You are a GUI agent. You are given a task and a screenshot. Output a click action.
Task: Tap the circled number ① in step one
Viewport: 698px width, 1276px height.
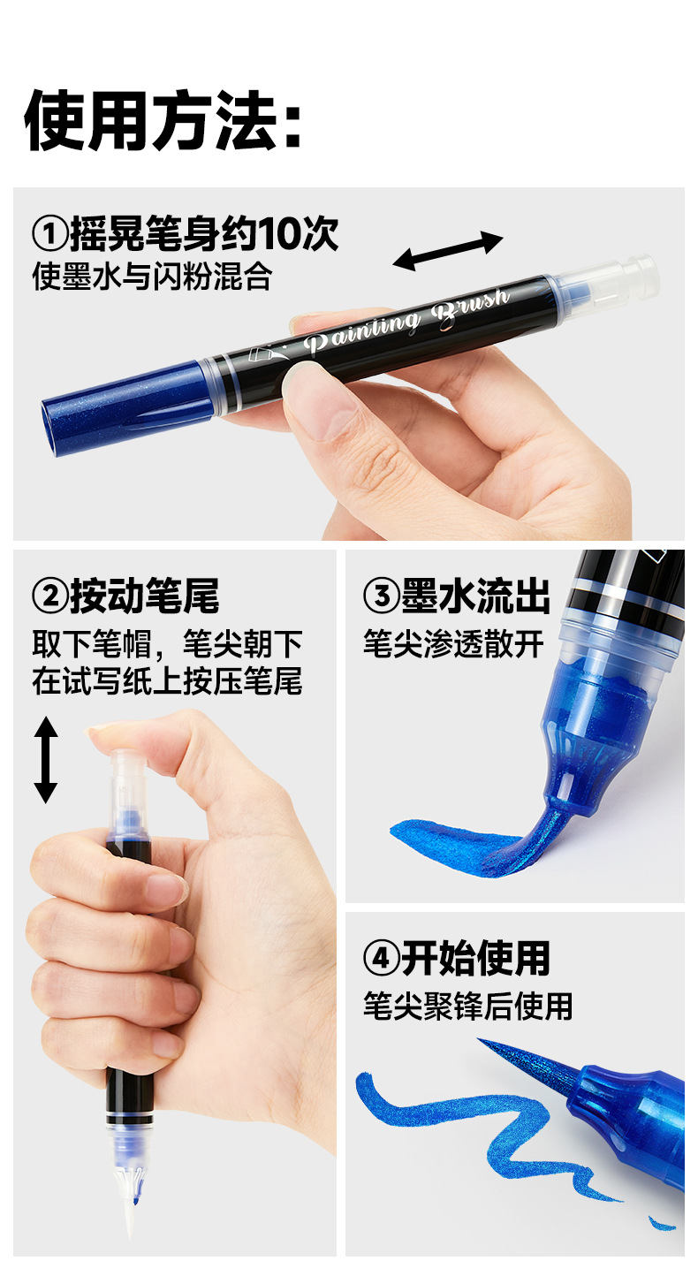tap(50, 234)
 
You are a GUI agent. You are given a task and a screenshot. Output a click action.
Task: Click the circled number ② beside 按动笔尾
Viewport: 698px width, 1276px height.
tap(50, 596)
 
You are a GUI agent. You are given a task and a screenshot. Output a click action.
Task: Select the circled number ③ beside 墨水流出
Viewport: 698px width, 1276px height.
tap(382, 596)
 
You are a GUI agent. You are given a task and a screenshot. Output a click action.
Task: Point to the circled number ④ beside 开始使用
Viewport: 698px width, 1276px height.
tap(382, 958)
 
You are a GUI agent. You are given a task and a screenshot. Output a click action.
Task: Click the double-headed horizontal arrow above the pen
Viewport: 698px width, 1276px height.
tap(448, 251)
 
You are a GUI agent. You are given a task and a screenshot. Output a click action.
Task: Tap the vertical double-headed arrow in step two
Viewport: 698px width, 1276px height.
tap(46, 759)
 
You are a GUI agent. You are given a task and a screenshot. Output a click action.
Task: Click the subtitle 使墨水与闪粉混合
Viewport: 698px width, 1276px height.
tap(152, 277)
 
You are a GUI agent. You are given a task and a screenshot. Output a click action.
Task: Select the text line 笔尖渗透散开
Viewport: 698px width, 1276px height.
tap(453, 644)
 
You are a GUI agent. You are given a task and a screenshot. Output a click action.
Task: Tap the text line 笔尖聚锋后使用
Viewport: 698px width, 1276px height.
tap(467, 1006)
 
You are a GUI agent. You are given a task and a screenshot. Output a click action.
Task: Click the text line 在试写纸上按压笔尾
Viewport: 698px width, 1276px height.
tap(167, 680)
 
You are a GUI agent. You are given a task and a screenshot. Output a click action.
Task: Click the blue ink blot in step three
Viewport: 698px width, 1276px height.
tap(456, 844)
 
